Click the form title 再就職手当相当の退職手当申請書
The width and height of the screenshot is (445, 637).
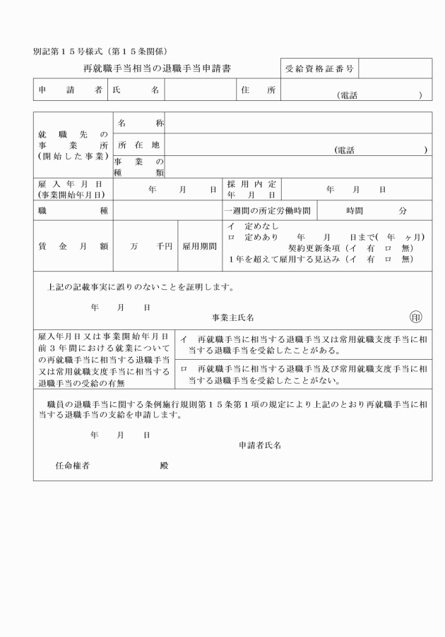[157, 68]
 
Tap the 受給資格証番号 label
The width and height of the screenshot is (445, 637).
[320, 68]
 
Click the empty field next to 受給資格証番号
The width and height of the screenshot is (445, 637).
[396, 68]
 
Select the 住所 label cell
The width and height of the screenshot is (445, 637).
[258, 90]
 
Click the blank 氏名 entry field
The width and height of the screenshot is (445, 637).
[199, 90]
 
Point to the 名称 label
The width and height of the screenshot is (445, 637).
[139, 123]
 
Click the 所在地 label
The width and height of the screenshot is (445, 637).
[139, 145]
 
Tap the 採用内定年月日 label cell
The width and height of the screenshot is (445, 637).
[251, 189]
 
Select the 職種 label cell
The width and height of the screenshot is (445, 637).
[73, 210]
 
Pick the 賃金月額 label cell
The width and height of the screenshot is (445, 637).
[73, 246]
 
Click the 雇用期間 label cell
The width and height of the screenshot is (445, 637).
[199, 246]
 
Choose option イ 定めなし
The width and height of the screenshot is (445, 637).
[253, 226]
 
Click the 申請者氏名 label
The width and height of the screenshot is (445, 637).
[260, 445]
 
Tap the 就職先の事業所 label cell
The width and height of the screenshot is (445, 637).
[73, 145]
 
